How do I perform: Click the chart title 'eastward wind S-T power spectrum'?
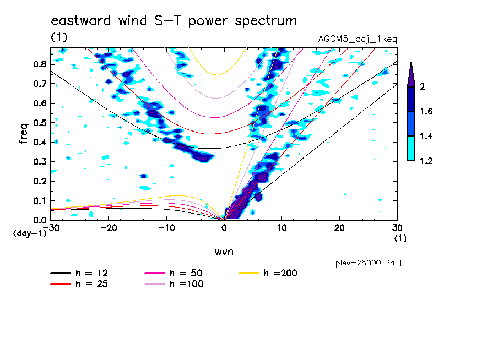coord(174,21)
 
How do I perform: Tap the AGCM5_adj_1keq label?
coord(358,39)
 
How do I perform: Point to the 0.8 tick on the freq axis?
coord(40,64)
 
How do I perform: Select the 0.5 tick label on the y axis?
coord(40,123)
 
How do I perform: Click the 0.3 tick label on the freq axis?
coord(40,162)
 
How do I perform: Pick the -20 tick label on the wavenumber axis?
coord(109,228)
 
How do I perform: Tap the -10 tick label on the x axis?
coord(166,228)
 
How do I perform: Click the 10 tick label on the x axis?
coord(282,228)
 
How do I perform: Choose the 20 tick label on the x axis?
coord(339,228)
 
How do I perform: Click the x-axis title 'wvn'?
coord(224,252)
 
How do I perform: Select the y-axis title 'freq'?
coord(24,134)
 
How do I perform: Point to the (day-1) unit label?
coord(30,233)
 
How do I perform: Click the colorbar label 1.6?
coord(426,111)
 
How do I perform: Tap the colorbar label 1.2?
coord(426,161)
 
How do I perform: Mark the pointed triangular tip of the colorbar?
coord(412,62)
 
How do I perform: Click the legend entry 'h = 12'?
coord(79,273)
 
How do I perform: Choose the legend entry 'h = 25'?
coord(79,284)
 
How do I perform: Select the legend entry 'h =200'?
coord(268,273)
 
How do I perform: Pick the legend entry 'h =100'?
coord(174,284)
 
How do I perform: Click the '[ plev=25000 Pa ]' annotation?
coord(365,263)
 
